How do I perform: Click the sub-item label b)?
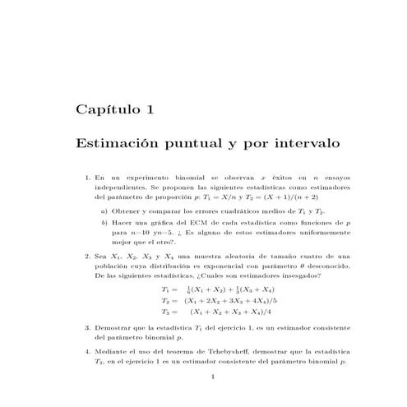tap(104, 223)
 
